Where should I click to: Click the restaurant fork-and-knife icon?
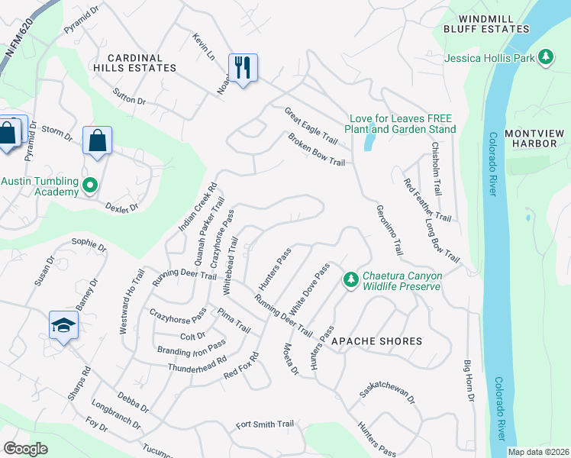pyautogui.click(x=243, y=68)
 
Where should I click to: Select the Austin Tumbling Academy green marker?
pyautogui.click(x=90, y=184)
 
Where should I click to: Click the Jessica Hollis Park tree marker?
pyautogui.click(x=545, y=56)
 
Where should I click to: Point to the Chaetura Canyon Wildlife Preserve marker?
pyautogui.click(x=350, y=280)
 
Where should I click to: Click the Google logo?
pyautogui.click(x=25, y=449)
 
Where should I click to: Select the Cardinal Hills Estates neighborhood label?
pyautogui.click(x=141, y=63)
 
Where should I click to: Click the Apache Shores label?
pyautogui.click(x=376, y=341)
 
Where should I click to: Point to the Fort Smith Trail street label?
pyautogui.click(x=265, y=424)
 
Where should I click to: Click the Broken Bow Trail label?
pyautogui.click(x=317, y=150)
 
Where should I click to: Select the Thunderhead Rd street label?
pyautogui.click(x=198, y=364)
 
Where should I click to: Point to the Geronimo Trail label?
pyautogui.click(x=389, y=229)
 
